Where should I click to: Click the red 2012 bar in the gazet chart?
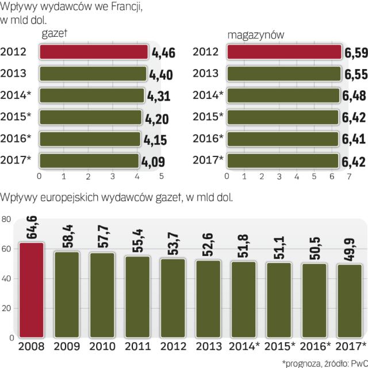[94, 52]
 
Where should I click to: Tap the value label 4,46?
[163, 53]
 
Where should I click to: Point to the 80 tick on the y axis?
[6, 219]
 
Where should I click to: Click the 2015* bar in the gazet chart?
[91, 116]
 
